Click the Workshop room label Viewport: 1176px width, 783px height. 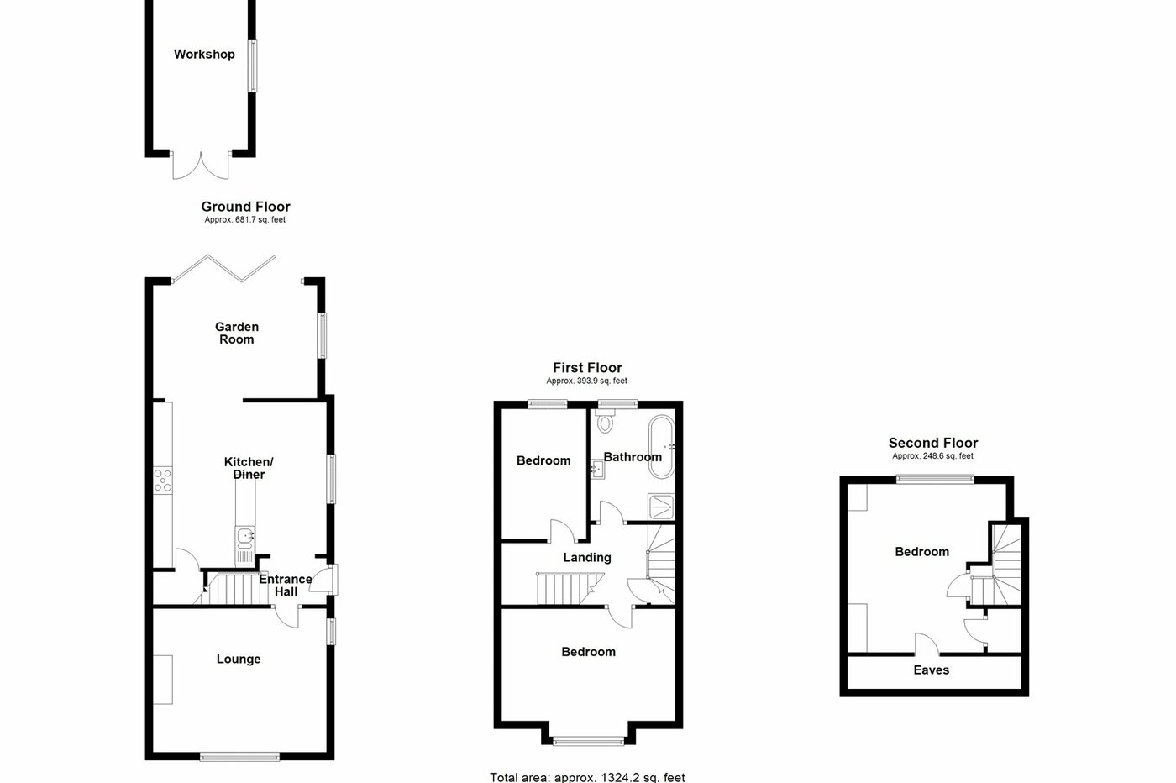pyautogui.click(x=204, y=55)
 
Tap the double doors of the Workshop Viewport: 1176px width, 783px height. pyautogui.click(x=201, y=166)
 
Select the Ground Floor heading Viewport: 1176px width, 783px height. pyautogui.click(x=245, y=207)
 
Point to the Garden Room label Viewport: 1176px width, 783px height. pyautogui.click(x=237, y=334)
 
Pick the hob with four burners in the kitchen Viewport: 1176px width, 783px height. pyautogui.click(x=162, y=480)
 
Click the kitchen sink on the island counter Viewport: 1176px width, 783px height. pyautogui.click(x=245, y=537)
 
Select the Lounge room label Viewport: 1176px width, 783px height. pyautogui.click(x=239, y=660)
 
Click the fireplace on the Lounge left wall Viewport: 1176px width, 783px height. pyautogui.click(x=163, y=679)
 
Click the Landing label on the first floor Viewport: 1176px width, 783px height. pyautogui.click(x=587, y=558)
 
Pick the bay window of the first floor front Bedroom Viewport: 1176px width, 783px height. pyautogui.click(x=588, y=740)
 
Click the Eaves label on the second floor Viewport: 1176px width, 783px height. pyautogui.click(x=931, y=670)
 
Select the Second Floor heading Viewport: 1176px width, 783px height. pyautogui.click(x=933, y=444)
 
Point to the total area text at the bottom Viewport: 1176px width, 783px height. pyautogui.click(x=587, y=777)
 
